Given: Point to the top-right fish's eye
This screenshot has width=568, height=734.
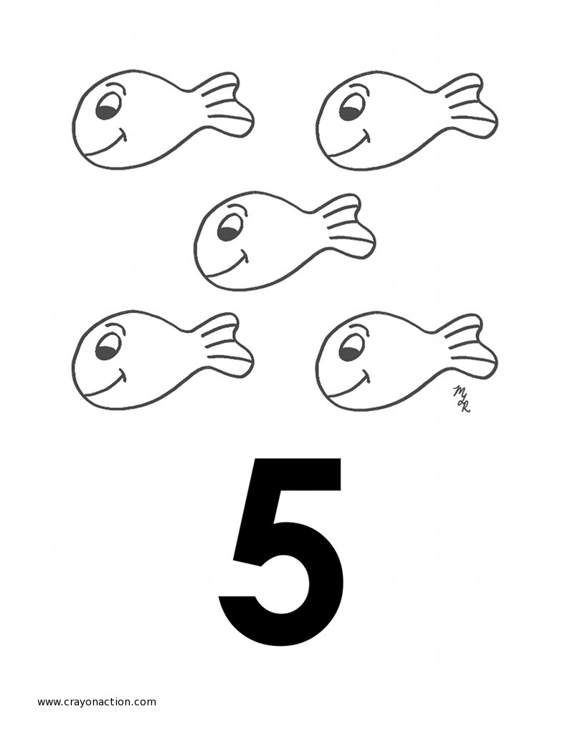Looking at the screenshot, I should click(352, 108).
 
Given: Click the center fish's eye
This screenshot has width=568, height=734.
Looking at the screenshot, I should click(230, 228).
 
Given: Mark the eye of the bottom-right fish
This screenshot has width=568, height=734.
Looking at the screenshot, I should click(352, 349).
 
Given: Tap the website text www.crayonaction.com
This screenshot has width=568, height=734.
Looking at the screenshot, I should click(97, 702).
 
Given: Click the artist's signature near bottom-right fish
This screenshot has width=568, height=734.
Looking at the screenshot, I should click(461, 399).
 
